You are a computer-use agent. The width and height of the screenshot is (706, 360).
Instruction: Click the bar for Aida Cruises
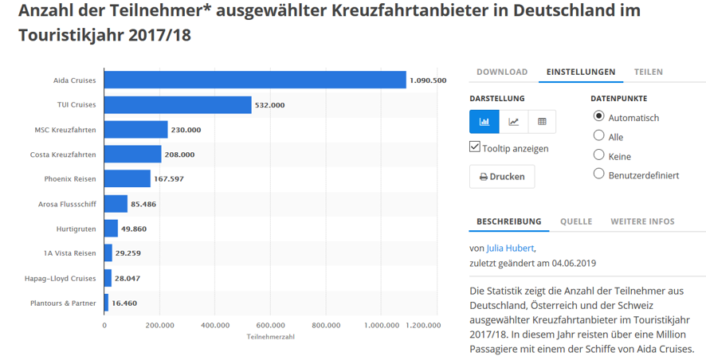(x=255, y=80)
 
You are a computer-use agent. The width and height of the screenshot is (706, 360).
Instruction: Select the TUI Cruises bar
(x=178, y=104)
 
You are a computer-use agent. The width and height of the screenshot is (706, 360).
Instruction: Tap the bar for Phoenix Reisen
(x=127, y=178)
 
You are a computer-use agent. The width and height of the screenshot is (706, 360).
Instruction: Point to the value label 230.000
(x=186, y=129)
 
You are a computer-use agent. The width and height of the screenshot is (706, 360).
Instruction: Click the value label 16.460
(x=125, y=303)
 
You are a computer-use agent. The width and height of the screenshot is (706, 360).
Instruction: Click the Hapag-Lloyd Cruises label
(x=64, y=278)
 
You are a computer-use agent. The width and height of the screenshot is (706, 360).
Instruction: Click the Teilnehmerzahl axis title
(x=271, y=337)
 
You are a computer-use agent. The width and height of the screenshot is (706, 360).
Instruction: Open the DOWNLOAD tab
(x=502, y=72)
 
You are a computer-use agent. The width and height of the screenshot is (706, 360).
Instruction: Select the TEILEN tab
(x=648, y=72)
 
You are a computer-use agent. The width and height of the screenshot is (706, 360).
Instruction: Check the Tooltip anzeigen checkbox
(x=475, y=147)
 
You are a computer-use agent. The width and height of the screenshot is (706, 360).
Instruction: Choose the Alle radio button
(x=599, y=136)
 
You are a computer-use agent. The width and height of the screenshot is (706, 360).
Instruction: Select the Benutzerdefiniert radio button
(x=599, y=174)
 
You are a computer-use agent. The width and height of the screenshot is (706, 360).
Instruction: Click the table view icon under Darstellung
(x=542, y=121)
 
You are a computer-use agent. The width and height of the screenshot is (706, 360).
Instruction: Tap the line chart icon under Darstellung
(x=514, y=121)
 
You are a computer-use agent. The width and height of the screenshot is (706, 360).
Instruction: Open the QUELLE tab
(x=575, y=221)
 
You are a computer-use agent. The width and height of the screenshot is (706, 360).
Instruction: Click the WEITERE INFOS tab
(x=642, y=221)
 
